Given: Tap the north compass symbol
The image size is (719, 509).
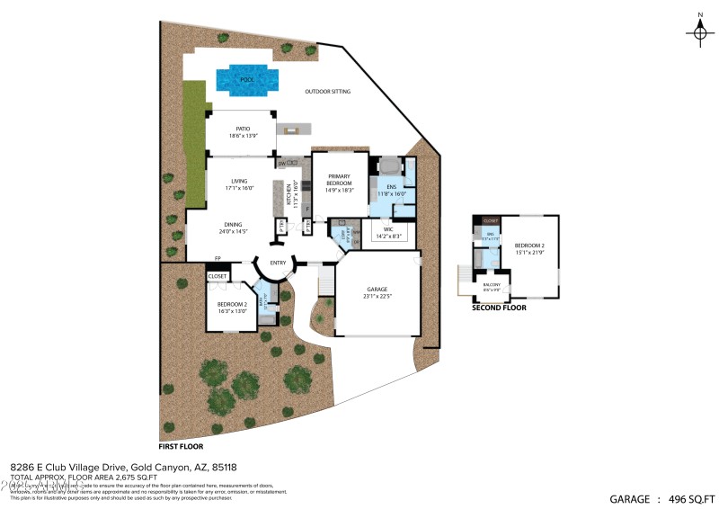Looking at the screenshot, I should [x=699, y=31].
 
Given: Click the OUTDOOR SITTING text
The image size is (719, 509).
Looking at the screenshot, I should [x=327, y=92].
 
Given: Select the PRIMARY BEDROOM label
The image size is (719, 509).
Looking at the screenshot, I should [x=339, y=179].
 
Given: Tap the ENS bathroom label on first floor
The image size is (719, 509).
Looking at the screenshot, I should [x=391, y=190].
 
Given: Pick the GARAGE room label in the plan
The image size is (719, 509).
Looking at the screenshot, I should [x=377, y=292].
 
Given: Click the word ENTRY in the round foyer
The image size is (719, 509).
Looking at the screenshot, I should [x=278, y=263].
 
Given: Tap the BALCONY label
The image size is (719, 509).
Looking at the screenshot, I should [x=490, y=286].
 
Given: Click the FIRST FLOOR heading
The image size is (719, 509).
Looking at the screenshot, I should [x=181, y=446].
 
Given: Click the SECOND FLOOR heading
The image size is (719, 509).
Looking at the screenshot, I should [x=499, y=308].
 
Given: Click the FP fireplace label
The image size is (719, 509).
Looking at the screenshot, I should [x=192, y=258].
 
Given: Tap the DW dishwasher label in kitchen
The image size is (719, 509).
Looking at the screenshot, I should [x=281, y=164].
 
